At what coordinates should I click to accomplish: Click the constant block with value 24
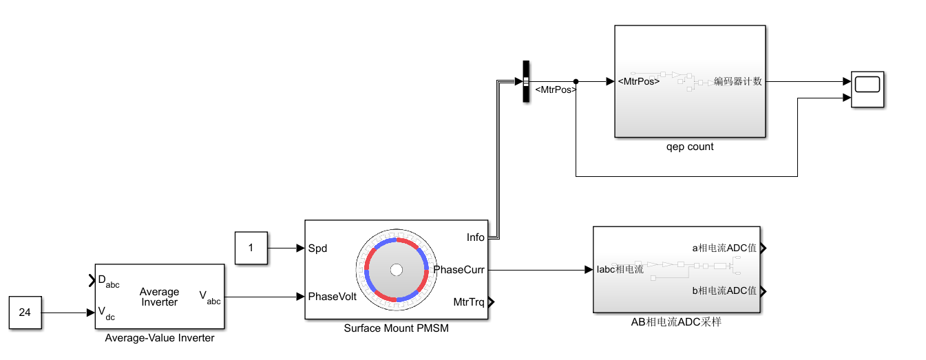[25, 313]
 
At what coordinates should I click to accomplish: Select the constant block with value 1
[251, 248]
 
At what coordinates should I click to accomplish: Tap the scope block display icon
[867, 85]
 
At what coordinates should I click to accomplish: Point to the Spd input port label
[317, 248]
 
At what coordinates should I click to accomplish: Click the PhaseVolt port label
[332, 297]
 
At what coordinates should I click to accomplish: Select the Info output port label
[475, 237]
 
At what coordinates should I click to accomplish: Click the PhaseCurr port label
[459, 270]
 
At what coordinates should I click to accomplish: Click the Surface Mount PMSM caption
[396, 328]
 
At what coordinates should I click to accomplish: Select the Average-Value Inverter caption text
[159, 338]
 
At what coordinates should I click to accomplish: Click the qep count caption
[689, 147]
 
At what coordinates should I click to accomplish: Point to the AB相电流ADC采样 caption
[676, 321]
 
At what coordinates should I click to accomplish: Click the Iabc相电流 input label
[620, 269]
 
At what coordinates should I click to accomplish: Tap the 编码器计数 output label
[738, 81]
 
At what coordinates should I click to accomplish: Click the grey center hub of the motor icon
[396, 270]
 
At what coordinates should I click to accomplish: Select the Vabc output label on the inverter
[210, 297]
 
